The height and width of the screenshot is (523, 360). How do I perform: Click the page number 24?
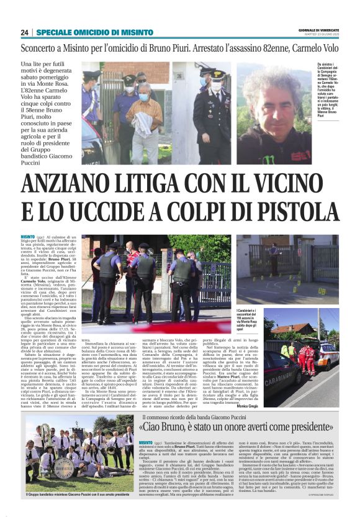point(24,32)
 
